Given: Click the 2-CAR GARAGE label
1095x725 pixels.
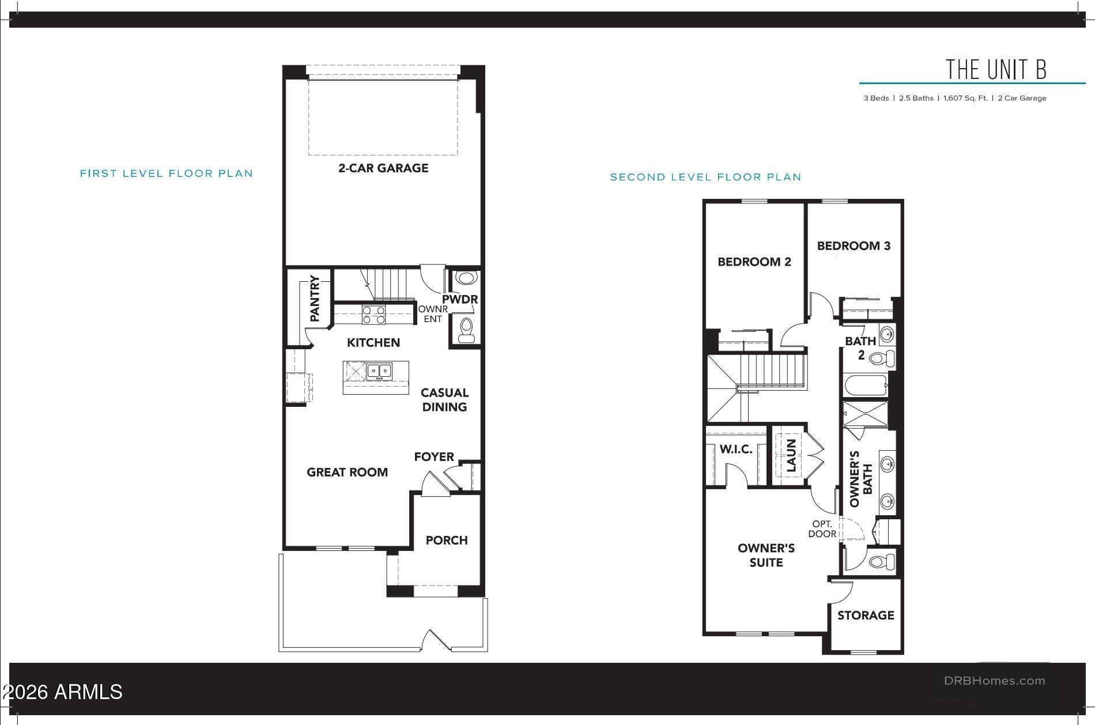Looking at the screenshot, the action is pos(383,168).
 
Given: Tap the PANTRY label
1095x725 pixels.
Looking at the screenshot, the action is pos(315,299).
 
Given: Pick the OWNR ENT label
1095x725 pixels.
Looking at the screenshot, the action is pos(433,314).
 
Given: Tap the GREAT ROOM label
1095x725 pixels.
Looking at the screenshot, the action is pos(347,473).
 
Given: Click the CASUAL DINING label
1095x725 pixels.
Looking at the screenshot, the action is pos(444,400).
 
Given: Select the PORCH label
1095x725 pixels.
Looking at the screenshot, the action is pos(447,541).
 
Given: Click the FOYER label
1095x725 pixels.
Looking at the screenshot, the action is pos(434,457).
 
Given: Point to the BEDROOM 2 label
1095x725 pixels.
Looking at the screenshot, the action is pos(754,262).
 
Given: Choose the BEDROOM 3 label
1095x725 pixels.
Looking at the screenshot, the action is pos(854,246).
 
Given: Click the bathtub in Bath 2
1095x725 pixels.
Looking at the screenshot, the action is pos(866,386).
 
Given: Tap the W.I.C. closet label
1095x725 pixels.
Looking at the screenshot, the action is pos(736,450).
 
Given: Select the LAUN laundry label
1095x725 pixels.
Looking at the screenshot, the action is pos(791,455).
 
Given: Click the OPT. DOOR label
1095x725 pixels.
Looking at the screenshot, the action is pos(822,529).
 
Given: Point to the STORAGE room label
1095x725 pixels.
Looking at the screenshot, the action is pos(866,616).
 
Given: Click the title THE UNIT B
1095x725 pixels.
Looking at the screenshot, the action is pos(996,69).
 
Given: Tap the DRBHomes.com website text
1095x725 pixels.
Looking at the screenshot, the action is pos(994,681).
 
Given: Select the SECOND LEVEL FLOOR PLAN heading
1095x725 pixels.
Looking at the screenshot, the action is pos(706,178).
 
